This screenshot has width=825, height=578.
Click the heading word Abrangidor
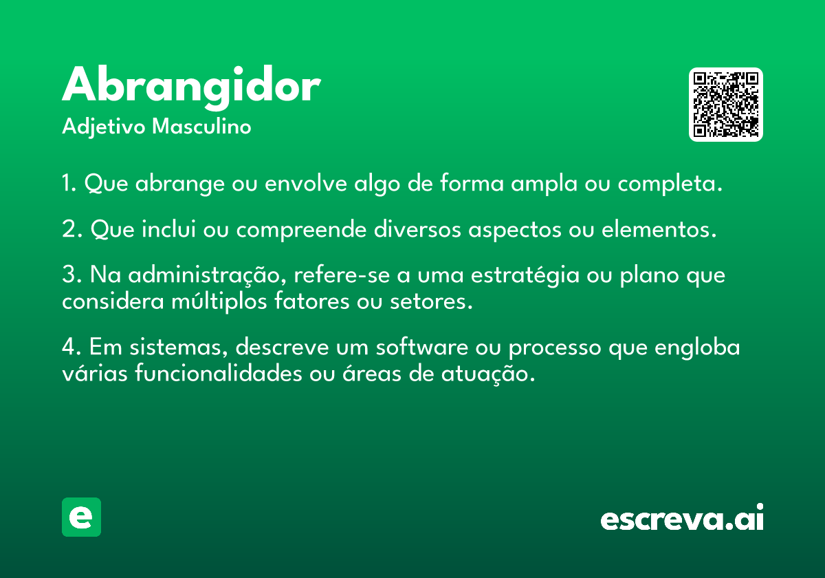191,87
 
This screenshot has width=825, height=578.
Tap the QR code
725,105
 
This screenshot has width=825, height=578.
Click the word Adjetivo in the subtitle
104,127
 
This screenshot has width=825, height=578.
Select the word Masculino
201,127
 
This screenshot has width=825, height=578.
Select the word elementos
659,229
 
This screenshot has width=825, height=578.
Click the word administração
207,275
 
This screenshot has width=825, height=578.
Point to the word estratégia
525,276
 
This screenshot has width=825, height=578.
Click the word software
421,347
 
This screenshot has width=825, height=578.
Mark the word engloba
697,348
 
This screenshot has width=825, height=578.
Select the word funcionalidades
219,373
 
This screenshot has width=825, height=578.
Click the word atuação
488,374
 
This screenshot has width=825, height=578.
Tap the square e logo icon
81,517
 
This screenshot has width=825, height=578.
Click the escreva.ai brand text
682,517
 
